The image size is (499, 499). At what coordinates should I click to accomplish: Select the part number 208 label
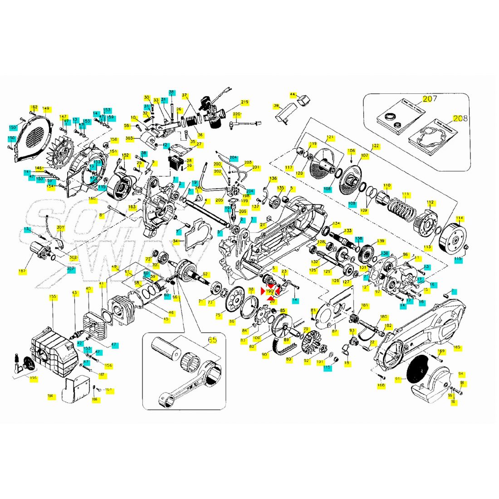460,120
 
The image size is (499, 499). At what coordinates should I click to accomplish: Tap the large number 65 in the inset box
212,340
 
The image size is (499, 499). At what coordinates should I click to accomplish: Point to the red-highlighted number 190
270,291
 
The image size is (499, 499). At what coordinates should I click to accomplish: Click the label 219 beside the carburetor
245,102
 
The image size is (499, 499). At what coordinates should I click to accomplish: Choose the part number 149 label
45,108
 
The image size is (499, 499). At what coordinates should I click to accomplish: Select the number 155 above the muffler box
53,297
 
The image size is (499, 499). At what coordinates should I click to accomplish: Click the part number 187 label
22,271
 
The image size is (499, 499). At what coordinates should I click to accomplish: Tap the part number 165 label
457,347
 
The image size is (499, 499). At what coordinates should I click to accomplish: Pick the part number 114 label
460,218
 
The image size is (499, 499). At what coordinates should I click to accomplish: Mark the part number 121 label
330,137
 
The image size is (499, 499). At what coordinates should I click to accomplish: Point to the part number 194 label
50,396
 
